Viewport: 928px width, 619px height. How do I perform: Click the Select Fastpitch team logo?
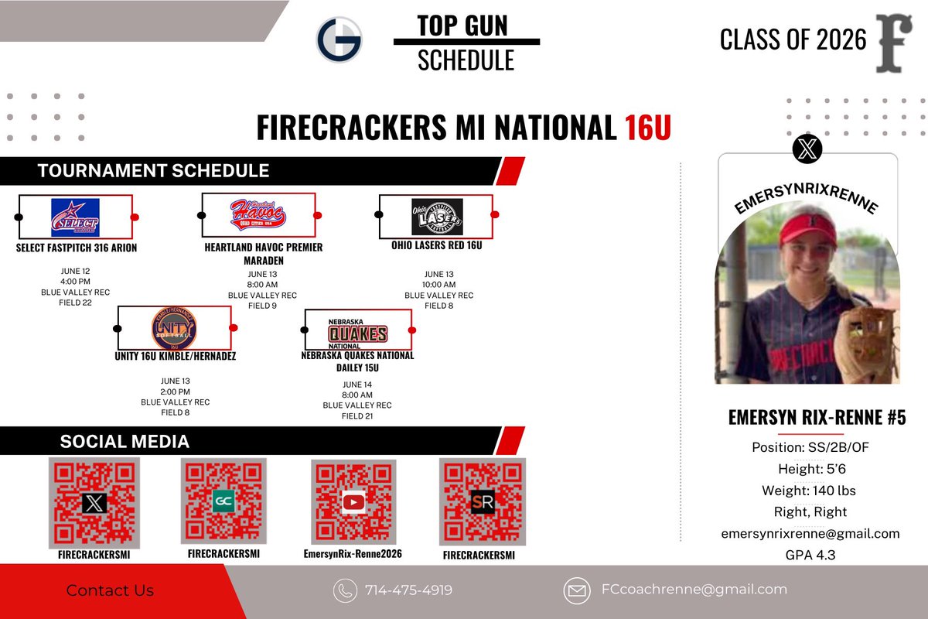(x=75, y=217)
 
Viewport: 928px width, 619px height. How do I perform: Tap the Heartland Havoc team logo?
(x=258, y=214)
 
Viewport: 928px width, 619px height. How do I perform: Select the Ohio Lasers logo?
(x=437, y=217)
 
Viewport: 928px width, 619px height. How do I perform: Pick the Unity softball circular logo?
(x=174, y=329)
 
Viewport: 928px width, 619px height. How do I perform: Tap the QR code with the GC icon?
(x=223, y=501)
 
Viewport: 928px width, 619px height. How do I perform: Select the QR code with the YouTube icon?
(x=353, y=502)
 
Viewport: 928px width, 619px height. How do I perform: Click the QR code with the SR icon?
(x=483, y=501)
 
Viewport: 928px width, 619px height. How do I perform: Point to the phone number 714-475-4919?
(x=408, y=590)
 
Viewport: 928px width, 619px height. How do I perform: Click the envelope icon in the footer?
(x=577, y=590)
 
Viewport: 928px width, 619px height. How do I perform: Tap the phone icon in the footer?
(x=345, y=590)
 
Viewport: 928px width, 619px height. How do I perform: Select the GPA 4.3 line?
(x=810, y=555)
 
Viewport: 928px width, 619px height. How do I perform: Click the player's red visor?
(x=807, y=229)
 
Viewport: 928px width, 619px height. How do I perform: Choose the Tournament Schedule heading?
(x=153, y=171)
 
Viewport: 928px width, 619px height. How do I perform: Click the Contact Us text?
(x=110, y=590)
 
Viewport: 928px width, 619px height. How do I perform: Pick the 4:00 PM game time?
(x=75, y=282)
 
